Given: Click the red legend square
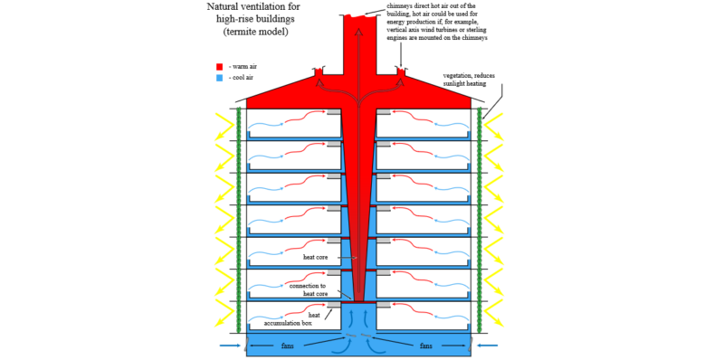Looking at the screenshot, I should [x=220, y=67].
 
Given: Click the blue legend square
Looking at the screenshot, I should [x=220, y=79].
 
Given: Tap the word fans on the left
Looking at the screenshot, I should [x=288, y=346].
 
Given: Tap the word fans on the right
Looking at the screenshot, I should [x=425, y=346].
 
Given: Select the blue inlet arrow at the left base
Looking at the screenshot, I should [x=230, y=346].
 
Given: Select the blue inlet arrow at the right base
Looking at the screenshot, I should [x=487, y=346].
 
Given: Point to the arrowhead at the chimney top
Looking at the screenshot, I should [x=358, y=33].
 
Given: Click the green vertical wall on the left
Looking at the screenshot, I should [x=239, y=217].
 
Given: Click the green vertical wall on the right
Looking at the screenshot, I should [x=479, y=217].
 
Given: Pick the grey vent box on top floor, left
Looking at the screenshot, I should [x=334, y=111].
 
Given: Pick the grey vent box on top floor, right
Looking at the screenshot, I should [x=384, y=111].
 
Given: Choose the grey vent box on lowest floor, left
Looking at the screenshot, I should [x=334, y=304].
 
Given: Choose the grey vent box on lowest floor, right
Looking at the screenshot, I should [x=384, y=304].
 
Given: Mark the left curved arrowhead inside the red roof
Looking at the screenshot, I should [x=319, y=82].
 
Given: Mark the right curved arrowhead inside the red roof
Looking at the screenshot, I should [x=399, y=82].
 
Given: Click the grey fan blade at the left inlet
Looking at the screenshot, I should [x=245, y=345].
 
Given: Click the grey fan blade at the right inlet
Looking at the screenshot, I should [x=472, y=345].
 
